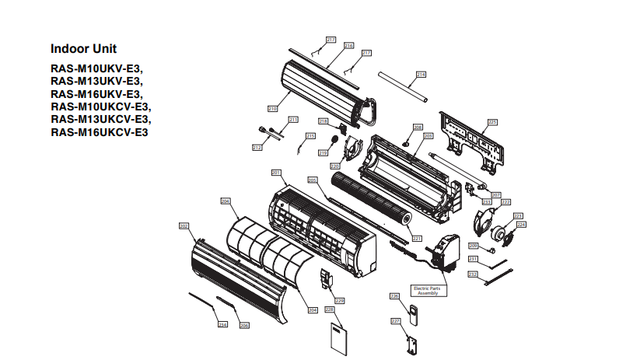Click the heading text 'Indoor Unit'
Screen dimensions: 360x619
click(x=83, y=49)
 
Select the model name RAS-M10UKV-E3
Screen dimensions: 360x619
click(x=96, y=68)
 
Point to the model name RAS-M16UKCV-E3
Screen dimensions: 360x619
click(x=100, y=131)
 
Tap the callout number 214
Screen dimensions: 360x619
click(x=421, y=75)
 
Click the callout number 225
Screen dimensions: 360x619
click(x=491, y=122)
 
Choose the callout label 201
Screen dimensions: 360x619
click(x=275, y=172)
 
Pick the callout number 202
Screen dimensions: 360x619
click(x=184, y=226)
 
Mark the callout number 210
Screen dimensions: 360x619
click(x=272, y=109)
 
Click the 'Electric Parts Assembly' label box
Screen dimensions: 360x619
click(x=429, y=291)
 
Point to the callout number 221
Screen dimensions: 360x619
click(x=417, y=239)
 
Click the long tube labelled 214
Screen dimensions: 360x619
click(x=403, y=86)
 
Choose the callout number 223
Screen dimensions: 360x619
click(x=517, y=215)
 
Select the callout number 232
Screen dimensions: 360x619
click(x=472, y=274)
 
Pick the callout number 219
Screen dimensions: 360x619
click(x=322, y=154)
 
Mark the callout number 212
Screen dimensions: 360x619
click(x=257, y=147)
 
